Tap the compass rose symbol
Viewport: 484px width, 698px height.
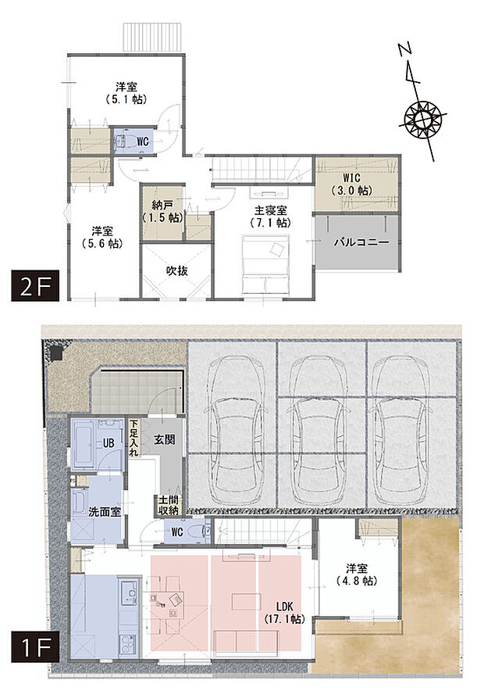pyautogui.click(x=425, y=119)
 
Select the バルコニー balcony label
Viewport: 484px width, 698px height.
pyautogui.click(x=361, y=243)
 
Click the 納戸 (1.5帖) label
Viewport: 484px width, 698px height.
pyautogui.click(x=162, y=211)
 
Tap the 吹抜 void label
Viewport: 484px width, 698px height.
pyautogui.click(x=176, y=270)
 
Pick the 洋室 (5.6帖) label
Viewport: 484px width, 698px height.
pyautogui.click(x=103, y=237)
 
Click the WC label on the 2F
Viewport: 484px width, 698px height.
pyautogui.click(x=143, y=141)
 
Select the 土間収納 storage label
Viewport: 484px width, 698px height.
pyautogui.click(x=168, y=505)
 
